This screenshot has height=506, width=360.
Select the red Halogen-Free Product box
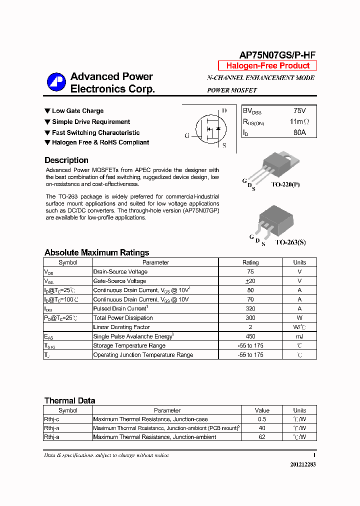point(267,66)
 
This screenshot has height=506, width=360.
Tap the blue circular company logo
point(56,82)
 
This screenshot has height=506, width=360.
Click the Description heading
point(66,160)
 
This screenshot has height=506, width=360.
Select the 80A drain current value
point(299,132)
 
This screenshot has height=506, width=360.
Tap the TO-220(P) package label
point(285,184)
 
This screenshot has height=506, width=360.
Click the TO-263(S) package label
point(290,242)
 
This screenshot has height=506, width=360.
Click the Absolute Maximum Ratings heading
point(96,252)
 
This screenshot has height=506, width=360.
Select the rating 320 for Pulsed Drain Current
point(250,308)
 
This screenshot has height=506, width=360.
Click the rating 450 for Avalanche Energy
point(250,336)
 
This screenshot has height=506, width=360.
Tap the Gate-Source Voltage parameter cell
point(119,281)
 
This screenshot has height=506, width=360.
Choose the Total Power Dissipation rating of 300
point(250,318)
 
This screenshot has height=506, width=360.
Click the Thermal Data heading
point(69,400)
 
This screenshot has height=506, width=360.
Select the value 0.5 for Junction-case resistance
point(262,419)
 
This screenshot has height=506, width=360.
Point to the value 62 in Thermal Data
point(262,437)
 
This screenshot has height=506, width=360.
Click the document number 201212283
point(302,464)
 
